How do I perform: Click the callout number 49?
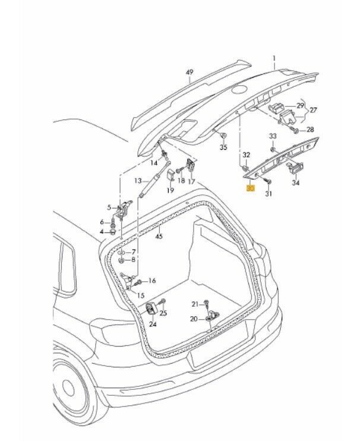coord(190,73)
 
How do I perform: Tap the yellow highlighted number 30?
coord(250,188)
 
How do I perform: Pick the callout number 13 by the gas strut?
coord(137,180)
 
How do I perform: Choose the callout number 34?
coord(295,183)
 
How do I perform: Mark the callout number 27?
coord(314,109)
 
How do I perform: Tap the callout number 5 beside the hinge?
coord(109,207)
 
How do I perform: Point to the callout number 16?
coord(151,281)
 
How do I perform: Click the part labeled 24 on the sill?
coord(151,309)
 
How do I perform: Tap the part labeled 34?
coord(295,168)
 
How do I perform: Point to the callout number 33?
coord(273,136)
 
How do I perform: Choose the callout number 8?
coord(133,259)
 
